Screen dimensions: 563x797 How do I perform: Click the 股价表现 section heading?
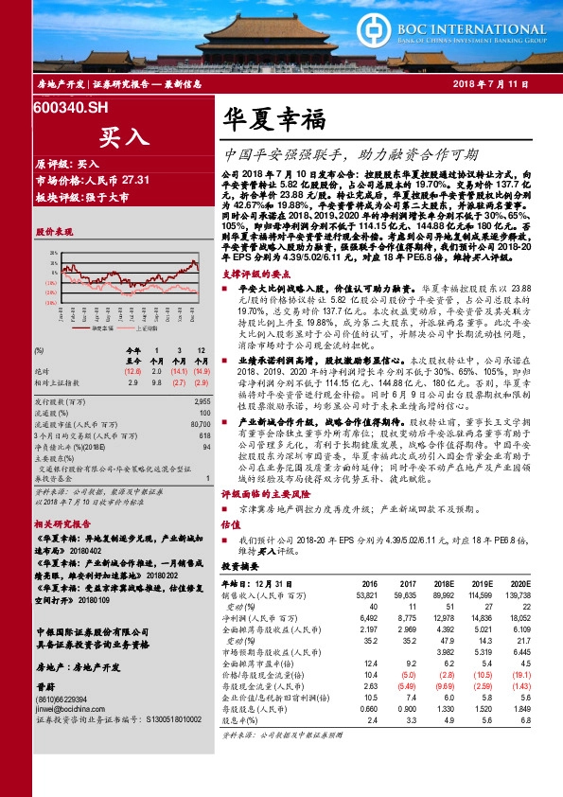(54, 231)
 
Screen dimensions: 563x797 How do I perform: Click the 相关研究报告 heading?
(62, 523)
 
